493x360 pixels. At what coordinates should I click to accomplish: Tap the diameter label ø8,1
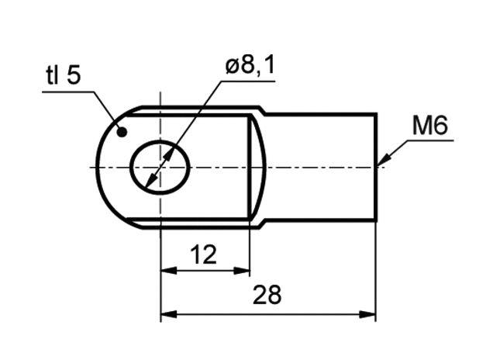[x=250, y=67]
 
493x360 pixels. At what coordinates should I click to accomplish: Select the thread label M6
[x=429, y=126]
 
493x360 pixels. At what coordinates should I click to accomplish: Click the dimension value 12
[x=204, y=254]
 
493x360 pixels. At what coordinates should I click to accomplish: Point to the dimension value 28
[x=267, y=295]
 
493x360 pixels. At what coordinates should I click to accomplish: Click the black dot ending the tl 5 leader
[x=122, y=132]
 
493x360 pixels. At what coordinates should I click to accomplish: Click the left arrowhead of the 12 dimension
[x=169, y=270]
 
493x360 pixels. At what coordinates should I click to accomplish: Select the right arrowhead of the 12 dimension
[x=242, y=270]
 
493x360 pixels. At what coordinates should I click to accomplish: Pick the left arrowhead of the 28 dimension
[x=169, y=314]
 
